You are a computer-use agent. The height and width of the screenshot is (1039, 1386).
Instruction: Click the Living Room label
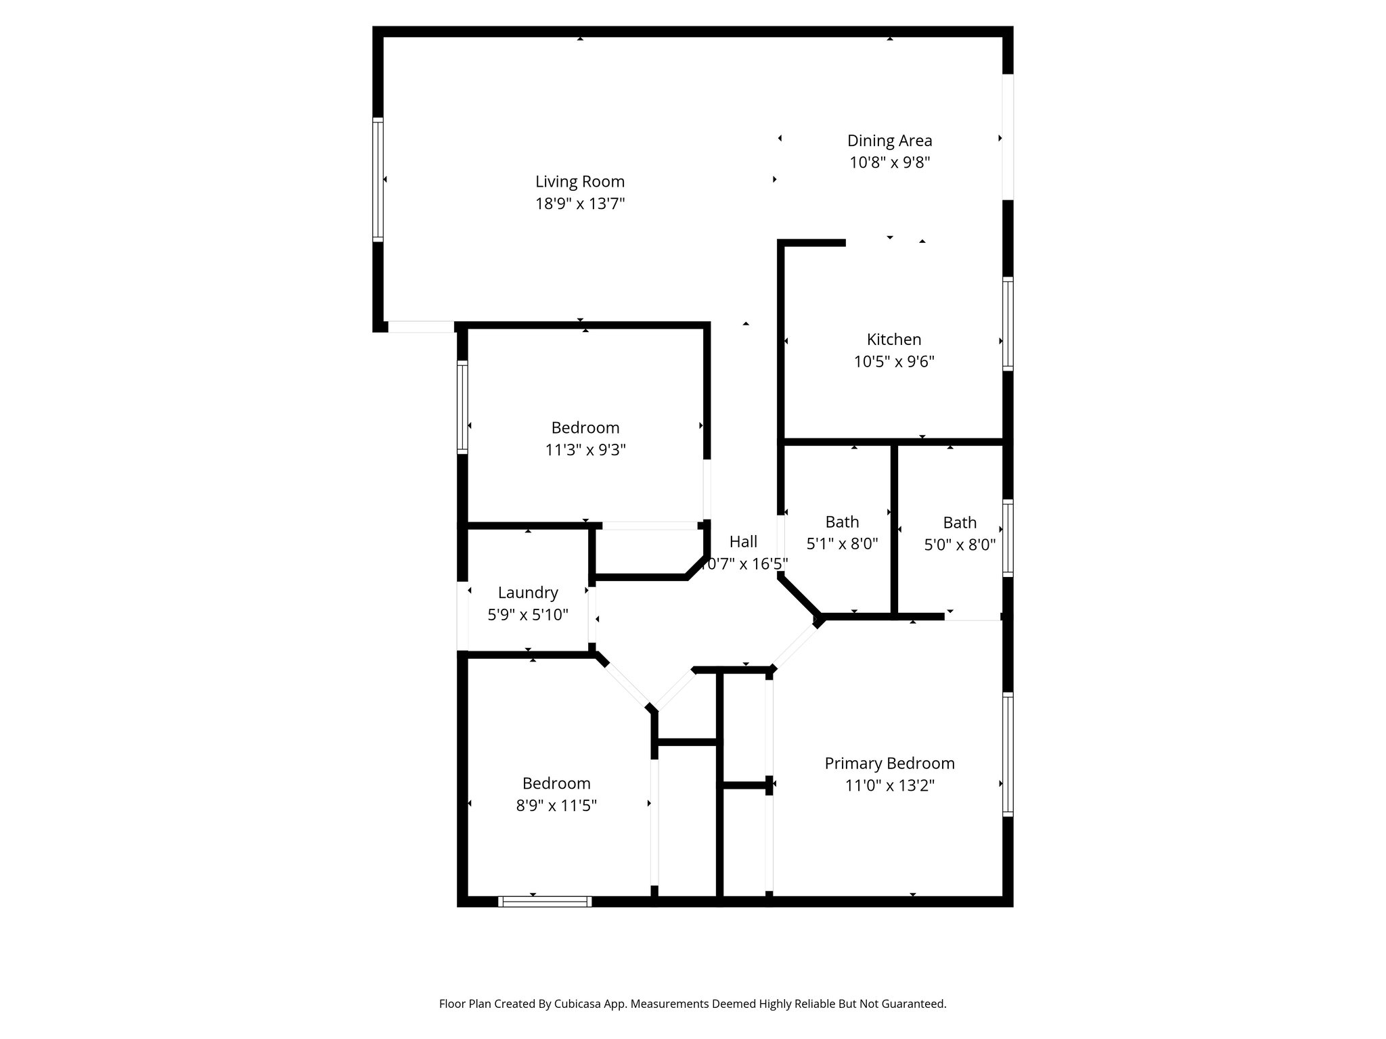point(580,181)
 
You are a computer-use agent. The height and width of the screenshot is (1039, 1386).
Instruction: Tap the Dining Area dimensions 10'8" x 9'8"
point(890,162)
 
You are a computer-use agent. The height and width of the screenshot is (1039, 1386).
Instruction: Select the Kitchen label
point(894,340)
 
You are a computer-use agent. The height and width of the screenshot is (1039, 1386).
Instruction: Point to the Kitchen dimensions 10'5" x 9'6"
point(894,362)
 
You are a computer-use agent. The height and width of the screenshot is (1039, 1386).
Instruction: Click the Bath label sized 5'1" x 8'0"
point(842,522)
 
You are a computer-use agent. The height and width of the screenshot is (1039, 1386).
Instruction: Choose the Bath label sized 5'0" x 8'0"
point(960,523)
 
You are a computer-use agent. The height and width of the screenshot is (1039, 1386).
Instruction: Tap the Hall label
point(743,542)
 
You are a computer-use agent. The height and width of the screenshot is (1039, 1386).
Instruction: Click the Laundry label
point(528,593)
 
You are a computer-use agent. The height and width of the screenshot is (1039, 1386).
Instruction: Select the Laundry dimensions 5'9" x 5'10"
point(528,615)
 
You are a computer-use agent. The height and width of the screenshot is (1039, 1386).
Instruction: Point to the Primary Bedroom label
point(889,764)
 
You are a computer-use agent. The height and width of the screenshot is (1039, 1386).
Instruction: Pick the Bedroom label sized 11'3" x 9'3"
point(585,428)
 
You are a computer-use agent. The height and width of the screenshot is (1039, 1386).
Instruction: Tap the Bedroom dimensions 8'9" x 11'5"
point(556,806)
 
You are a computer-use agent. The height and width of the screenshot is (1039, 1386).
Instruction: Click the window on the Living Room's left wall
point(378,179)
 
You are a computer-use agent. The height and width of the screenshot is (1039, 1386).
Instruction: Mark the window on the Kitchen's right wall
point(1008,323)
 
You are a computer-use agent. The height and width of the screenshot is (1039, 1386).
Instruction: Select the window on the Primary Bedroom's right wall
point(1008,754)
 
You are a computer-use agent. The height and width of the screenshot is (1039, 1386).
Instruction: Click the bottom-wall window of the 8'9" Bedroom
point(545,901)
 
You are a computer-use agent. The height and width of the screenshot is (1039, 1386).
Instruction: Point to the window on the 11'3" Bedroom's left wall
point(463,407)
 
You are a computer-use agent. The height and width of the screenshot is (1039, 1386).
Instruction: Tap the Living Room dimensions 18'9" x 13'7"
point(580,204)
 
